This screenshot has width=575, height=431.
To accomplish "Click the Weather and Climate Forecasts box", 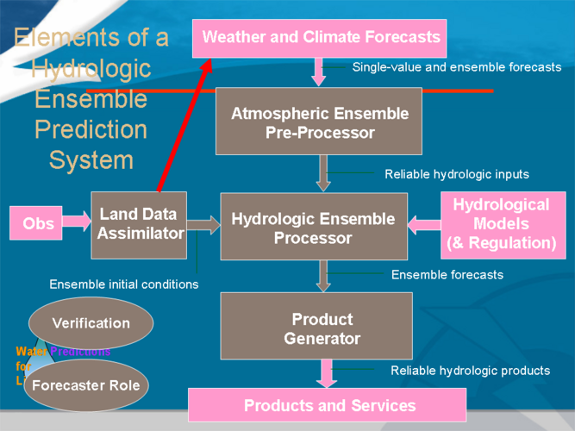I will [x=320, y=38].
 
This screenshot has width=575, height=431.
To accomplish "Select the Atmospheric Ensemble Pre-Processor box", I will [x=319, y=122].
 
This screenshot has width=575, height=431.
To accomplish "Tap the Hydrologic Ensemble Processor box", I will [x=314, y=228].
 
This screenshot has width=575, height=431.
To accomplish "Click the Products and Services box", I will [x=328, y=405].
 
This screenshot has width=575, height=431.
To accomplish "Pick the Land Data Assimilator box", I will [x=139, y=225].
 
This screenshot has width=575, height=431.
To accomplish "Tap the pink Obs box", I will [x=38, y=224].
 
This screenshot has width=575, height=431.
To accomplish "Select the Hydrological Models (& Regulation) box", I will [x=501, y=224].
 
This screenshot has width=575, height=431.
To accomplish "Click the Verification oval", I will [x=91, y=323].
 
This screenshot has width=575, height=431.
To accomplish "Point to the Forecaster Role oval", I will [x=85, y=384].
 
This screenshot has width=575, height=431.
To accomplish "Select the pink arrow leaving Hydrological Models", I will [x=424, y=225].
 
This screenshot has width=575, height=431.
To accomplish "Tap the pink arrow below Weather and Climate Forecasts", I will [x=319, y=72].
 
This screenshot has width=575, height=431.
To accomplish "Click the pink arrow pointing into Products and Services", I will [x=327, y=374].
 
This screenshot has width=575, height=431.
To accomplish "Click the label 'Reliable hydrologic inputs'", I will [x=456, y=174].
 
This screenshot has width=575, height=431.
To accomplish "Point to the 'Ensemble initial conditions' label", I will [x=123, y=284].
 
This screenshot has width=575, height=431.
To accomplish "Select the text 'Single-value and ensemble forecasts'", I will [x=456, y=67].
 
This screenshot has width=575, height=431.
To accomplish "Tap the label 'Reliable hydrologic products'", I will [x=470, y=371].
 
